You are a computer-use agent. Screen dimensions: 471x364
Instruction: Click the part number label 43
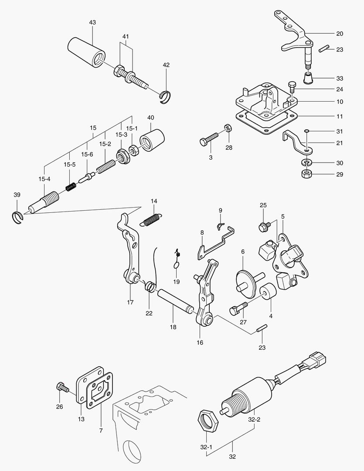coord(92,22)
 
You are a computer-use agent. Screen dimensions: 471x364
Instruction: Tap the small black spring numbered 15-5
coord(71,186)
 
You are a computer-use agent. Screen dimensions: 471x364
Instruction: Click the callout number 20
coord(340,34)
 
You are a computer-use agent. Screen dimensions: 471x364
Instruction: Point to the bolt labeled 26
coord(61,386)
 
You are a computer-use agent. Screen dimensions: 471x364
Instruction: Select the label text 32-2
coord(254,420)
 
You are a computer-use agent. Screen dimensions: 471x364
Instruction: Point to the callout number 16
coord(200,342)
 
